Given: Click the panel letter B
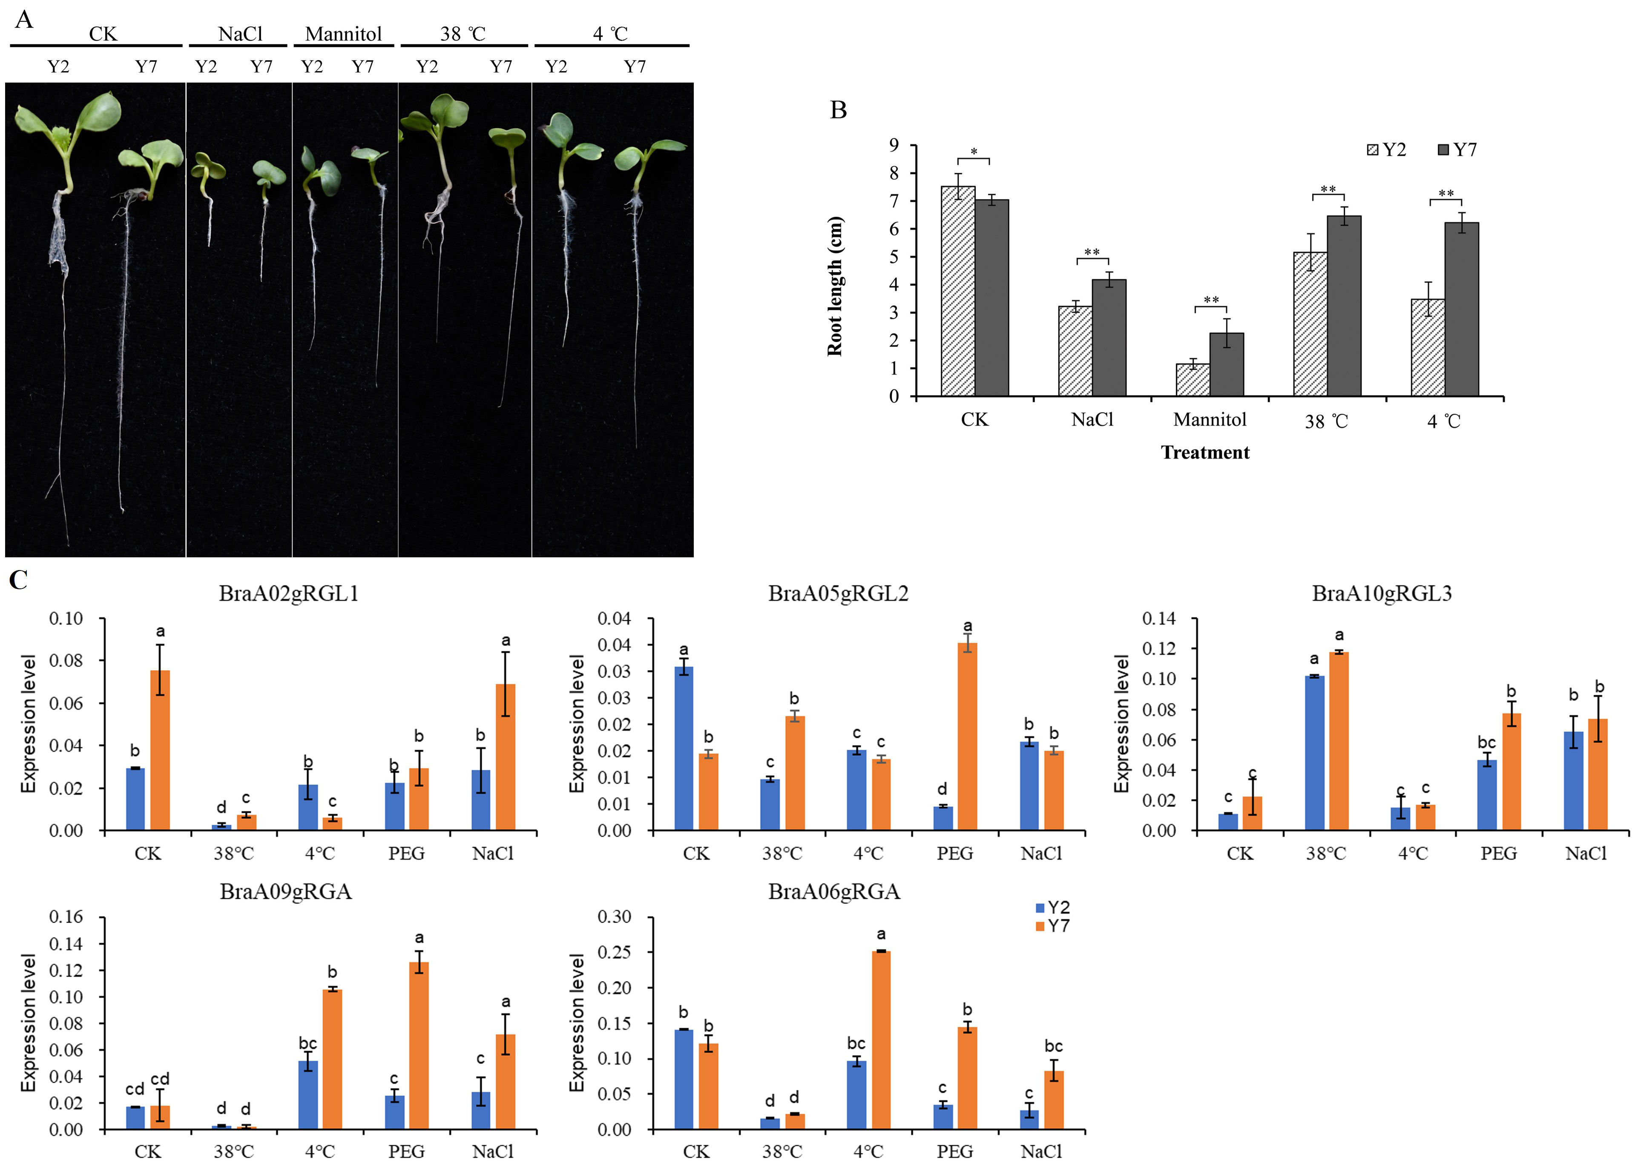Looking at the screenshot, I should point(838,110).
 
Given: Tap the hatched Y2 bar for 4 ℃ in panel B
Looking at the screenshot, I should point(1427,348).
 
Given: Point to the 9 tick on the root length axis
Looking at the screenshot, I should point(894,145).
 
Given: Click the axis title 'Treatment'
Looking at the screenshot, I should point(1205,452).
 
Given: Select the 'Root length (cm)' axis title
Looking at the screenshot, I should point(834,286).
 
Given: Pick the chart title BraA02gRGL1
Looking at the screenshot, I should point(288,594).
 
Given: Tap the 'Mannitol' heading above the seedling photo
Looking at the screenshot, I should point(344,34).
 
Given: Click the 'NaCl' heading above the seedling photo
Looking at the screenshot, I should point(240,34).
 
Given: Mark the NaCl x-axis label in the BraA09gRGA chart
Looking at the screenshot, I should point(493,1151).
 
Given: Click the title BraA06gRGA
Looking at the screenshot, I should point(833,892).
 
